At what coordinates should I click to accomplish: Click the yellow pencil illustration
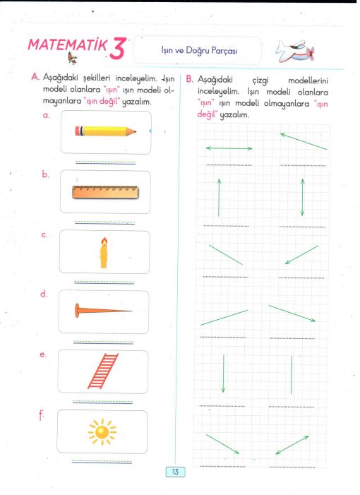tap(106, 131)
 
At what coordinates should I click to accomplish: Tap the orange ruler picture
tap(105, 192)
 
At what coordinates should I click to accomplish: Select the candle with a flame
tap(104, 253)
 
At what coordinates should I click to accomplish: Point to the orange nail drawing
tap(103, 311)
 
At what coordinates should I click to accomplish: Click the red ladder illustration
tap(103, 371)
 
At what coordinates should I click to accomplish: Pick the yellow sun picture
tap(102, 431)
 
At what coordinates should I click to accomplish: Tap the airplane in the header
tap(295, 51)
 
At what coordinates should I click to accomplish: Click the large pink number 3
tap(118, 48)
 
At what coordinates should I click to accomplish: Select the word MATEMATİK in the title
tap(68, 44)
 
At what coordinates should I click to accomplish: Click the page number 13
tap(176, 472)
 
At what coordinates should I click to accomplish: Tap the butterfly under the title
tap(73, 58)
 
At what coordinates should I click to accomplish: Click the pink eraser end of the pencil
tap(78, 131)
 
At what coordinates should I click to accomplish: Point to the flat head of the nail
tap(77, 310)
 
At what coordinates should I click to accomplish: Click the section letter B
tap(189, 79)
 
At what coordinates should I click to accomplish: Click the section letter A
tap(35, 77)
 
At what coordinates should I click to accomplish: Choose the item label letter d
tap(44, 294)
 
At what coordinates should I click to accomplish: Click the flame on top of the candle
tap(104, 241)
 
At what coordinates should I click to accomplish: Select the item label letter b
tap(45, 174)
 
